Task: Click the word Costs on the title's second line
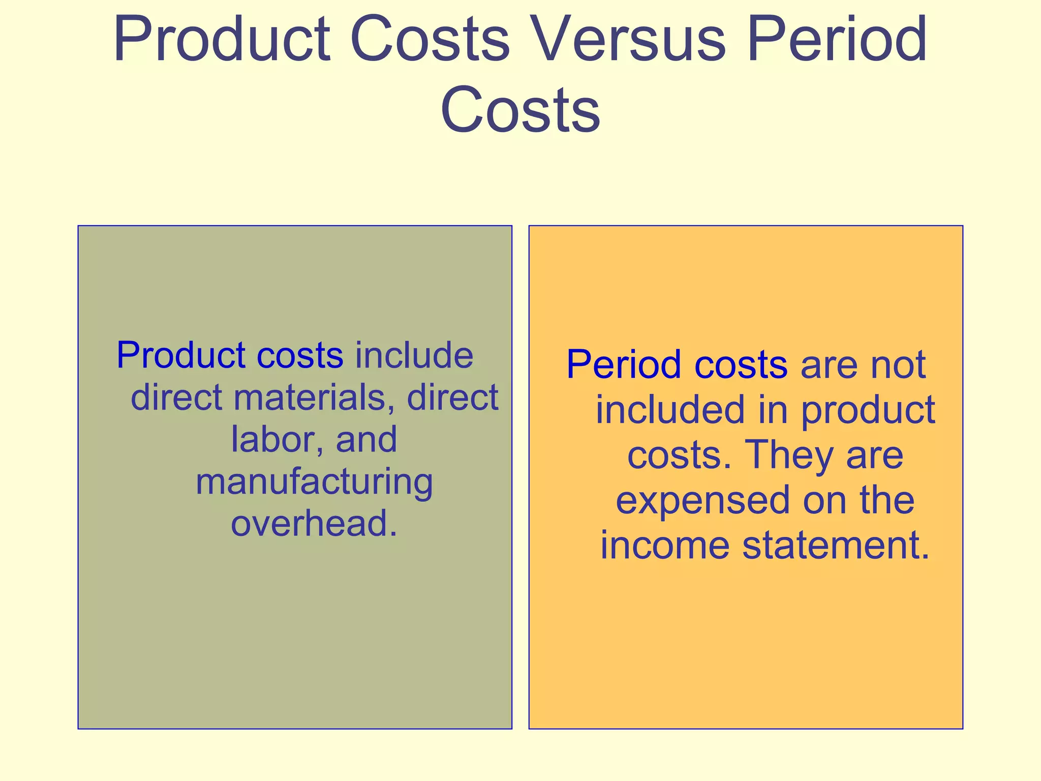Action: pyautogui.click(x=520, y=110)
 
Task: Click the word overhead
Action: pyautogui.click(x=314, y=523)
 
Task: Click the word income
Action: pyautogui.click(x=665, y=545)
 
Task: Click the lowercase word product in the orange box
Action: pyautogui.click(x=868, y=411)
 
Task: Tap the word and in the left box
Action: pyautogui.click(x=366, y=439)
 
